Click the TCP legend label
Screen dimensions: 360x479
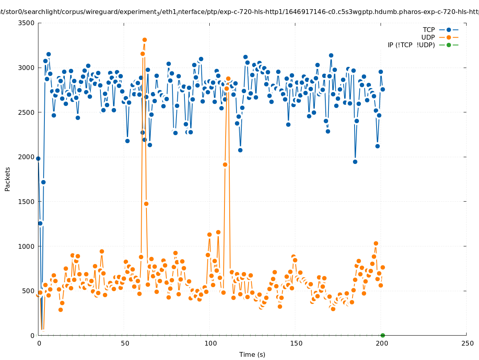pos(429,30)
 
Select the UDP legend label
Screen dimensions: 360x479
pos(428,38)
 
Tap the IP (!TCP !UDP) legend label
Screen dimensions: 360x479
pos(411,45)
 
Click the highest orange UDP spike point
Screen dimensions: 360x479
pos(144,40)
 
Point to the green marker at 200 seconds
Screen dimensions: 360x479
pos(383,335)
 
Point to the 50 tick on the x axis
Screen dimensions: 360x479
pos(125,344)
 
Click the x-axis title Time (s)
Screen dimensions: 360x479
pos(252,355)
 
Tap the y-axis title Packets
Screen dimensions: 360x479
pos(8,179)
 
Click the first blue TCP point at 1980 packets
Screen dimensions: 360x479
pos(38,158)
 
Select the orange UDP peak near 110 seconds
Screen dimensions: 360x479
pos(228,79)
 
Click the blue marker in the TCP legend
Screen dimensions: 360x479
pos(449,30)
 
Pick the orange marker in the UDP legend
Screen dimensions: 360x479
pos(449,38)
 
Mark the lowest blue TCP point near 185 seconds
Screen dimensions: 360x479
pos(355,162)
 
